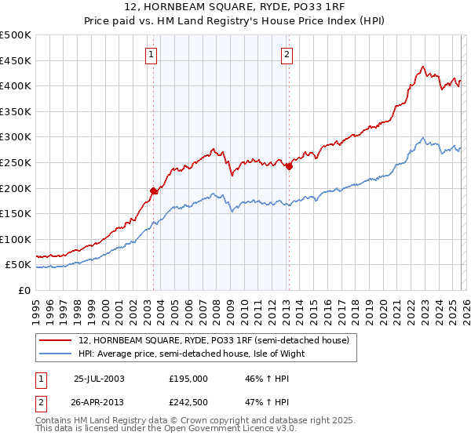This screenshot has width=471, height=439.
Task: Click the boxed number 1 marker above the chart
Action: (150, 54)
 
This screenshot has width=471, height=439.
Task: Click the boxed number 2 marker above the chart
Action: (287, 54)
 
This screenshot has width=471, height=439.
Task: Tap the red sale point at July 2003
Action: (154, 190)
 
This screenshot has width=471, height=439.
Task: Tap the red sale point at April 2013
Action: (289, 166)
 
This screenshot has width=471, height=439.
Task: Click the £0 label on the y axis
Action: (24, 290)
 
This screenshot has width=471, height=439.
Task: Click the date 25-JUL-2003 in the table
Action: (99, 378)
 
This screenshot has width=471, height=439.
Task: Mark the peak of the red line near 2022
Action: (423, 67)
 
